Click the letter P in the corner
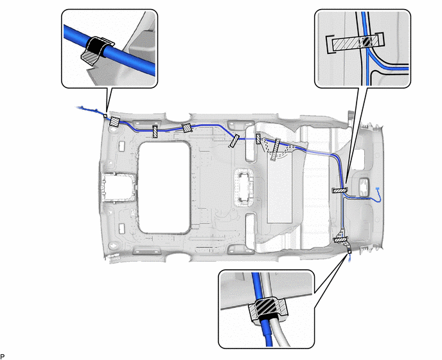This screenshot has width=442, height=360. (x=3, y=357)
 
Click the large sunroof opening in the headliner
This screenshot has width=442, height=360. (x=164, y=187)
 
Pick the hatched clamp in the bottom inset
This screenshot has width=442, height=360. (x=268, y=309)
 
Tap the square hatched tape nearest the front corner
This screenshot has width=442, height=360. (x=115, y=122)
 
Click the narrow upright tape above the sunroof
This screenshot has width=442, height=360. (x=155, y=132)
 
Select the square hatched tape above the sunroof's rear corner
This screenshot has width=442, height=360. (x=186, y=128)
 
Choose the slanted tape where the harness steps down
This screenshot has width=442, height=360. (x=234, y=141)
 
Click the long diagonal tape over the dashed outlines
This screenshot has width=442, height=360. (x=275, y=150)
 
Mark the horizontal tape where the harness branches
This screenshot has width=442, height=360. (x=340, y=190)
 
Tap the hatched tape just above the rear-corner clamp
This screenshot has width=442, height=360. (x=342, y=240)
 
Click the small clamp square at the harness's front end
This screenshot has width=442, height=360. (x=105, y=116)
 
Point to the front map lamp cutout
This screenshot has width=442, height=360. (x=117, y=188)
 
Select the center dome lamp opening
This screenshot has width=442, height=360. (x=244, y=187)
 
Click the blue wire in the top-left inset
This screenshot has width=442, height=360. (x=109, y=50)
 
